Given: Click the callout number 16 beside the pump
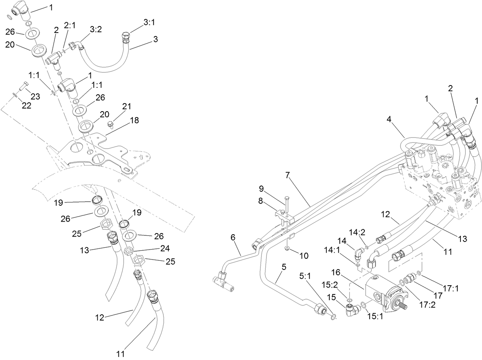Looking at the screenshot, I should (336, 272).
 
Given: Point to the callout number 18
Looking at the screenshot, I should (134, 120).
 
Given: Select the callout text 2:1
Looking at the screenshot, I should (70, 26).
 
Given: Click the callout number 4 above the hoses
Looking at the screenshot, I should (389, 119).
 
